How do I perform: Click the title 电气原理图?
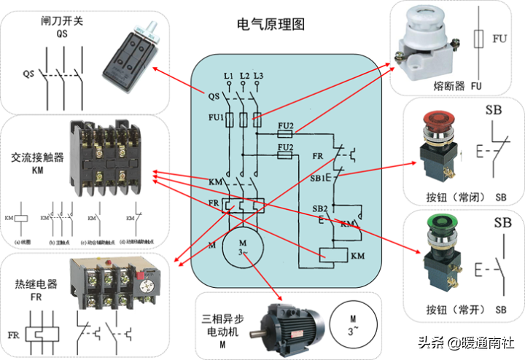pyautogui.click(x=271, y=24)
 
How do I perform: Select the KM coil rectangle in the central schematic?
pyautogui.click(x=333, y=256)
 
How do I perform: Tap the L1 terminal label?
pyautogui.click(x=229, y=76)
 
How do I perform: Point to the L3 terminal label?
pyautogui.click(x=260, y=76)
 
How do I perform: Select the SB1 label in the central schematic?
pyautogui.click(x=319, y=177)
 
